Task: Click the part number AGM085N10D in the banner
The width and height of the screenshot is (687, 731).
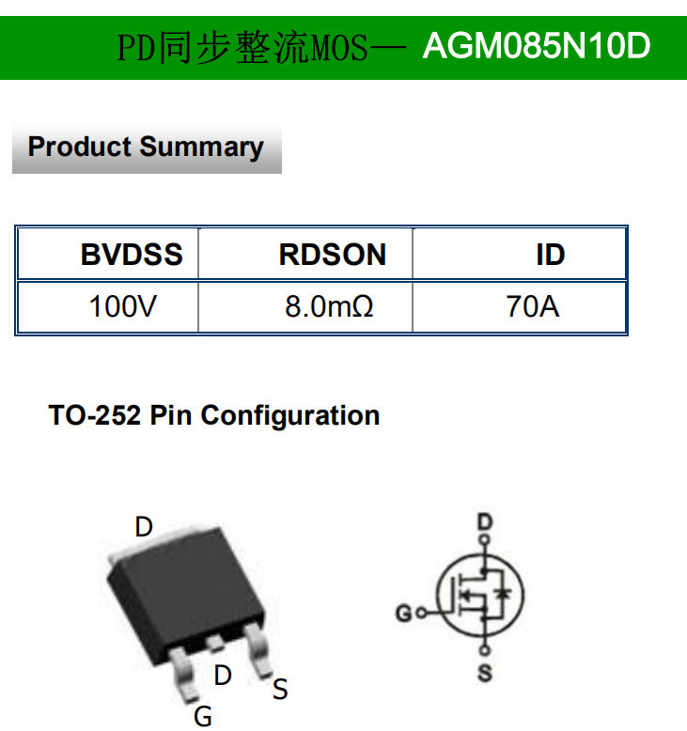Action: [x=537, y=45]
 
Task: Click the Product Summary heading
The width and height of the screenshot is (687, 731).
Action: [x=146, y=148]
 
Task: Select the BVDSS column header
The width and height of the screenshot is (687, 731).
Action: [x=132, y=255]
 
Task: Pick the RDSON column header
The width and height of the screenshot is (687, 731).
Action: [x=332, y=255]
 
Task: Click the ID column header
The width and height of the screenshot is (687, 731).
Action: [x=550, y=255]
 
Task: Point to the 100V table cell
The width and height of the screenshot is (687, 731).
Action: [x=123, y=306]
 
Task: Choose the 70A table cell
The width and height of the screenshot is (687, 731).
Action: [x=532, y=306]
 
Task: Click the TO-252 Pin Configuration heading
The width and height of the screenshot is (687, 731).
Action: [x=214, y=415]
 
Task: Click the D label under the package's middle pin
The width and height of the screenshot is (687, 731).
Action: [x=223, y=675]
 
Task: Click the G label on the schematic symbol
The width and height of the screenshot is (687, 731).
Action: [x=403, y=614]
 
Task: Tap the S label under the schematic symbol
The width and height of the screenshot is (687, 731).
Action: [x=485, y=673]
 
